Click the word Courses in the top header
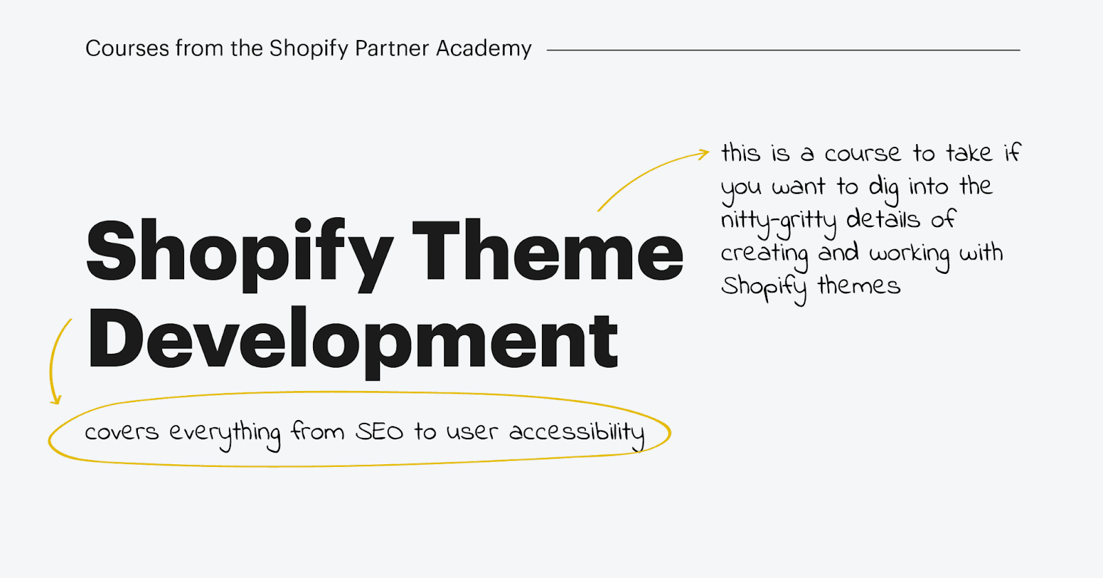pos(127,48)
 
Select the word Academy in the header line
pos(483,49)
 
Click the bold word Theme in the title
pos(547,250)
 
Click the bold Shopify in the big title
pos(240,255)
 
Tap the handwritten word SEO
pos(379,432)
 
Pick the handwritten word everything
pos(225,435)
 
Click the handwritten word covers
pos(121,433)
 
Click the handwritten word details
pos(882,219)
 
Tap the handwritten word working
pos(909,255)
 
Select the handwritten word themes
pos(859,286)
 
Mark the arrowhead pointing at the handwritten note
pos(703,155)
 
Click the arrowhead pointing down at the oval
pos(56,399)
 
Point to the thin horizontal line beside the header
pos(783,50)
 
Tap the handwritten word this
pos(740,152)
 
